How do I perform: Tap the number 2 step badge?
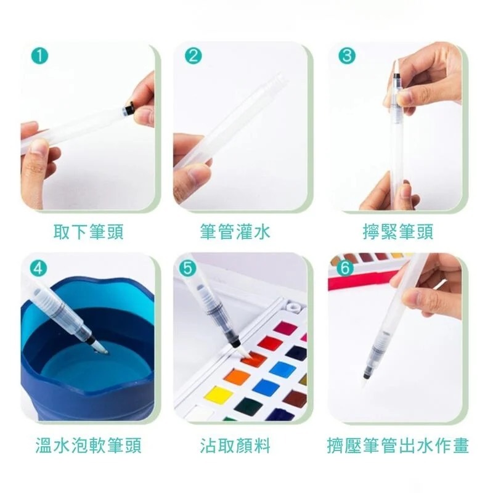click(194, 56)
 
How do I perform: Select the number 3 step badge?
click(348, 56)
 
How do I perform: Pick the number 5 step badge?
click(187, 267)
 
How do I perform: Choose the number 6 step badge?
click(346, 267)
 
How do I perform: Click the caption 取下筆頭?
click(89, 232)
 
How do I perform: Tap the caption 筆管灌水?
click(235, 232)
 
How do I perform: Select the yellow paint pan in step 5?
click(219, 394)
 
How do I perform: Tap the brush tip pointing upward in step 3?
click(394, 69)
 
